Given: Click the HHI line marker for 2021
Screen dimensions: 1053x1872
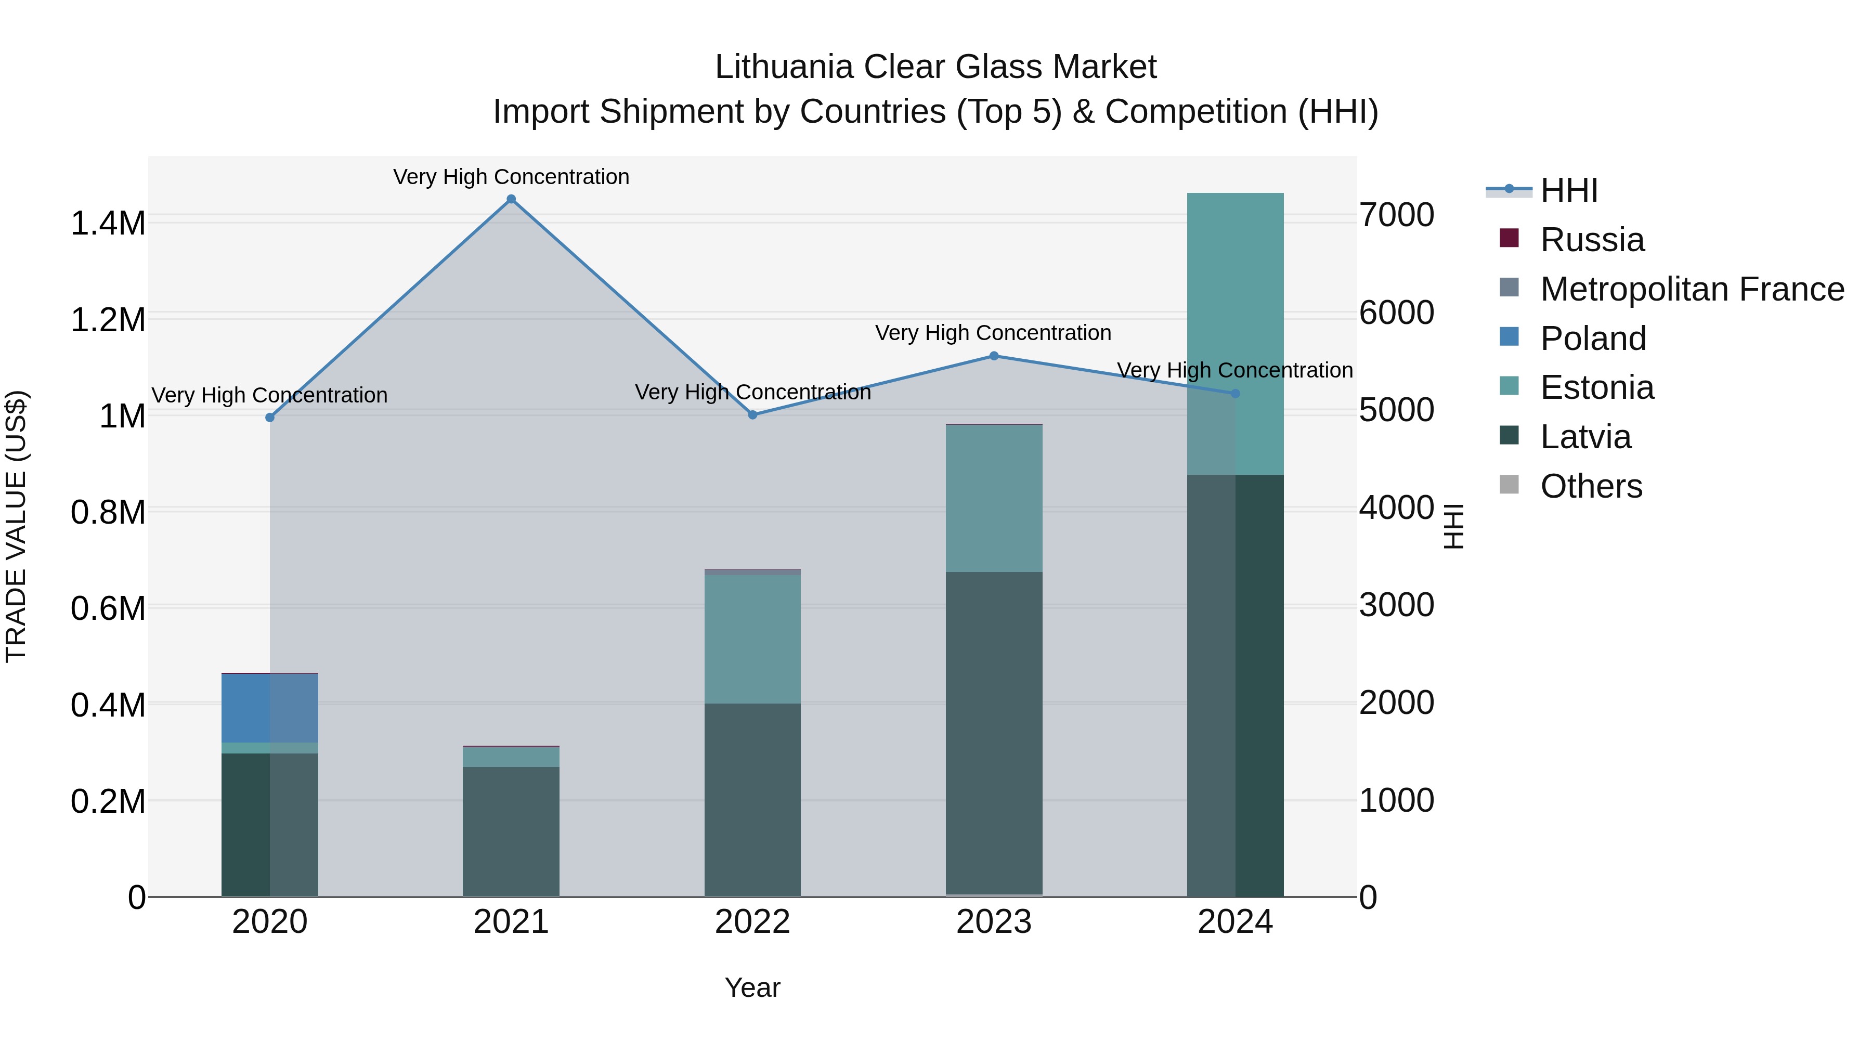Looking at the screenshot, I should (511, 199).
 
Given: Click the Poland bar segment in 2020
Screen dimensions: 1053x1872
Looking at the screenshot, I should (269, 708).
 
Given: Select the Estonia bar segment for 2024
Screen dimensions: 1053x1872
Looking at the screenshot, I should (1236, 334).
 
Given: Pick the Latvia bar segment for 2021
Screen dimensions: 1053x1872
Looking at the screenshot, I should (511, 831).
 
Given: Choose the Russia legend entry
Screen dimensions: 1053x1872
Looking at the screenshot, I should (1592, 240).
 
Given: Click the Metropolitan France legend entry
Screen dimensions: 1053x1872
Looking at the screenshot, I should (1692, 289).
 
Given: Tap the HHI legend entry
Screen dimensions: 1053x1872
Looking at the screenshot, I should (1568, 190).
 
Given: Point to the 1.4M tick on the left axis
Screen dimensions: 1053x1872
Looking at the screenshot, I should (108, 223).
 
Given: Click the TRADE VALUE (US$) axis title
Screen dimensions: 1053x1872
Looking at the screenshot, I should (16, 526).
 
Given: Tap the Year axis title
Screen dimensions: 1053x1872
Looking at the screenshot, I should (752, 987).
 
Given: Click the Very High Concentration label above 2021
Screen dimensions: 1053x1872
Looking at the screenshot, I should (511, 177).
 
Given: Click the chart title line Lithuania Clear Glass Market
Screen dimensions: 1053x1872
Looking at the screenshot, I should (935, 67).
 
